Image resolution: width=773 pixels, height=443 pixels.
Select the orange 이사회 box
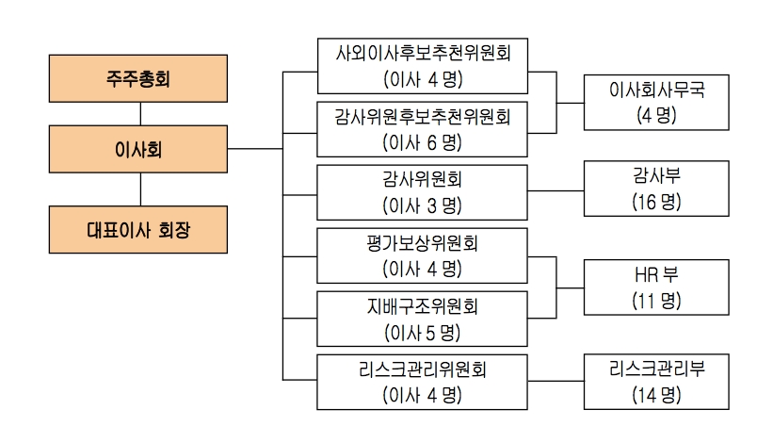[140, 149]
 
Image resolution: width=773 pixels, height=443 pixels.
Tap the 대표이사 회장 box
[140, 229]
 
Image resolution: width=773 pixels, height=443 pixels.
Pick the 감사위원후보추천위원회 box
[423, 128]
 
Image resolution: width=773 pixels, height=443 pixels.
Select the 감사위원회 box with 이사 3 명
[423, 191]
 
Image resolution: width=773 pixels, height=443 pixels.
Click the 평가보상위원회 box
[423, 255]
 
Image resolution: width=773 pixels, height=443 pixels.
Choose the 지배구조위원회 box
[423, 319]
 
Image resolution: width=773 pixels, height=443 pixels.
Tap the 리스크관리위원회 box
[423, 382]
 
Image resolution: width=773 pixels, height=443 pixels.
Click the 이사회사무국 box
[656, 102]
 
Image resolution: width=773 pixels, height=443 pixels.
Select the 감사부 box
[656, 188]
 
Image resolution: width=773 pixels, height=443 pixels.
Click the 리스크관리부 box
[656, 381]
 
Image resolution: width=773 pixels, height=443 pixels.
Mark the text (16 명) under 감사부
[656, 201]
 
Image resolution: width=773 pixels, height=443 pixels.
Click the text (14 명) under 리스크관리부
[656, 394]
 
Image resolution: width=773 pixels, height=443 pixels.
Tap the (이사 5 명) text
[423, 332]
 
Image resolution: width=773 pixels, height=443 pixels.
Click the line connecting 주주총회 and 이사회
[140, 114]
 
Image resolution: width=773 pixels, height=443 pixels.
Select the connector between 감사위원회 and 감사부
[556, 191]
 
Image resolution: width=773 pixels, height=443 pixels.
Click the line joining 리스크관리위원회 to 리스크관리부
[556, 381]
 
